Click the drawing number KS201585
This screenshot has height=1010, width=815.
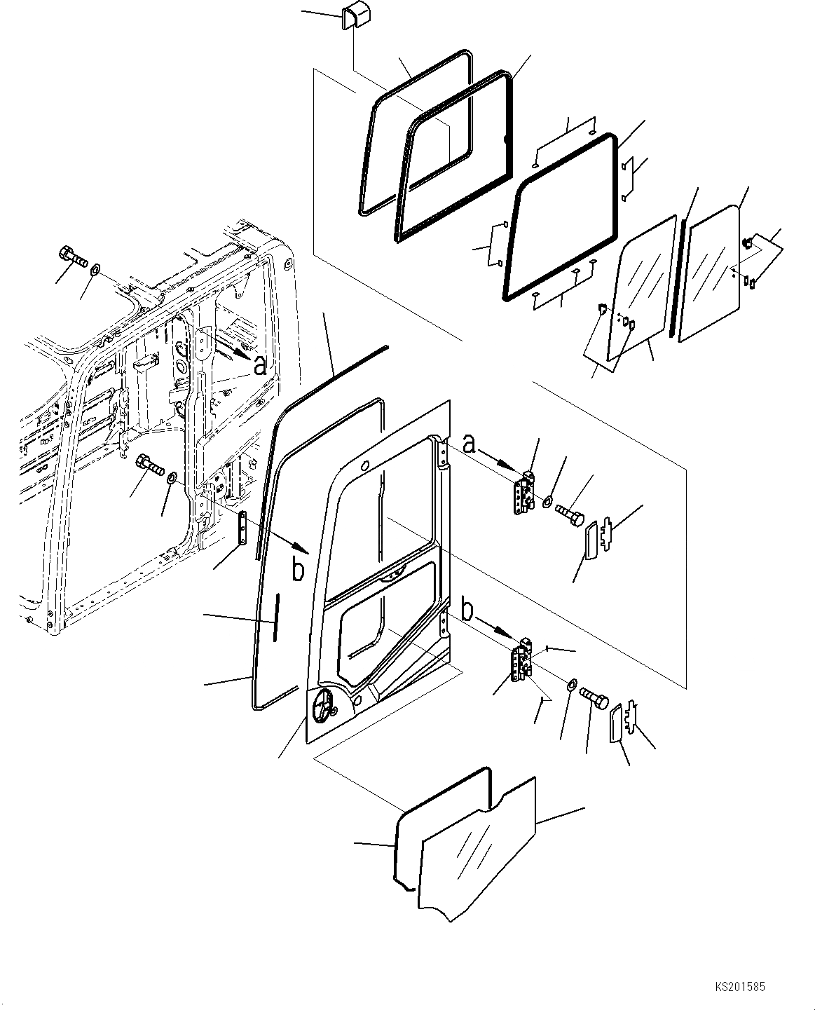click(741, 987)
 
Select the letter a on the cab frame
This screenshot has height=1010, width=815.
click(260, 365)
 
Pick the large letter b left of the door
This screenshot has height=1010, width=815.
click(299, 569)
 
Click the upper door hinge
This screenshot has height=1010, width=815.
click(525, 493)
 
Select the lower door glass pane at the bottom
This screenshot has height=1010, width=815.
click(477, 848)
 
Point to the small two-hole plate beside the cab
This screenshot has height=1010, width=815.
click(242, 526)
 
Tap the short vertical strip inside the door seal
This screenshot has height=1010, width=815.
click(276, 617)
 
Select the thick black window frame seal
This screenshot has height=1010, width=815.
click(561, 217)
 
